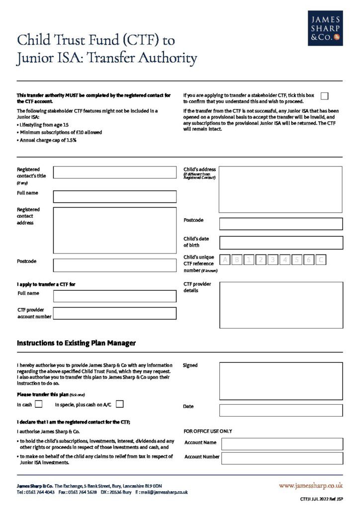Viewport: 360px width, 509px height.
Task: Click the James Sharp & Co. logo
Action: [325, 28]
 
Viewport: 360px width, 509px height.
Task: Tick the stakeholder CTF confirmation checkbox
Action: [325, 96]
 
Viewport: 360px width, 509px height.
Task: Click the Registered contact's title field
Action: [114, 172]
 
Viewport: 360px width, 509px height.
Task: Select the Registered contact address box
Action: [114, 230]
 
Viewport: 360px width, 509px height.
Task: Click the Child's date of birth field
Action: [281, 243]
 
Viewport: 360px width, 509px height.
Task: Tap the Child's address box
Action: [280, 189]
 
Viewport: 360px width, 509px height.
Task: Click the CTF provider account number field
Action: [114, 314]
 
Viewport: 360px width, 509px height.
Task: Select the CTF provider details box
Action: [281, 305]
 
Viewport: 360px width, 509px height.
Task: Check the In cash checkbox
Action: [38, 404]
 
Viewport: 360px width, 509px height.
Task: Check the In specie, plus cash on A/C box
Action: [119, 404]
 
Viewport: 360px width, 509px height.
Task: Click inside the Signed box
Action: [281, 381]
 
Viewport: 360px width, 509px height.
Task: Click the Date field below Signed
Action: [281, 410]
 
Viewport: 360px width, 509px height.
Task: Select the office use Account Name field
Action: [282, 444]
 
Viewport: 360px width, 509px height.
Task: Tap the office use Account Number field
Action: [282, 458]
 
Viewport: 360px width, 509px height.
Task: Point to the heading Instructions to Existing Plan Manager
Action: [76, 343]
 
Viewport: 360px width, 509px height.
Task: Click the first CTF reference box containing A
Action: [225, 259]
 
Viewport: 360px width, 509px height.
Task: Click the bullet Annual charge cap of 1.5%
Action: [48, 140]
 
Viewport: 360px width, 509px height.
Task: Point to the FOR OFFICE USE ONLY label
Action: [208, 431]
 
